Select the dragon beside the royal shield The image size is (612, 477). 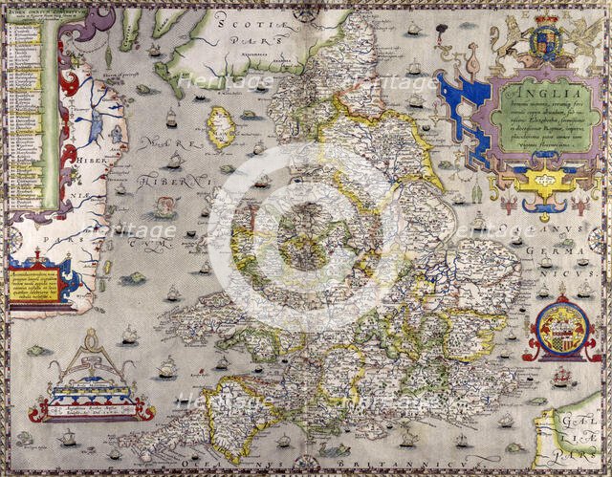[581, 42]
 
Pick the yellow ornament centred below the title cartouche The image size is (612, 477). [546, 182]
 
